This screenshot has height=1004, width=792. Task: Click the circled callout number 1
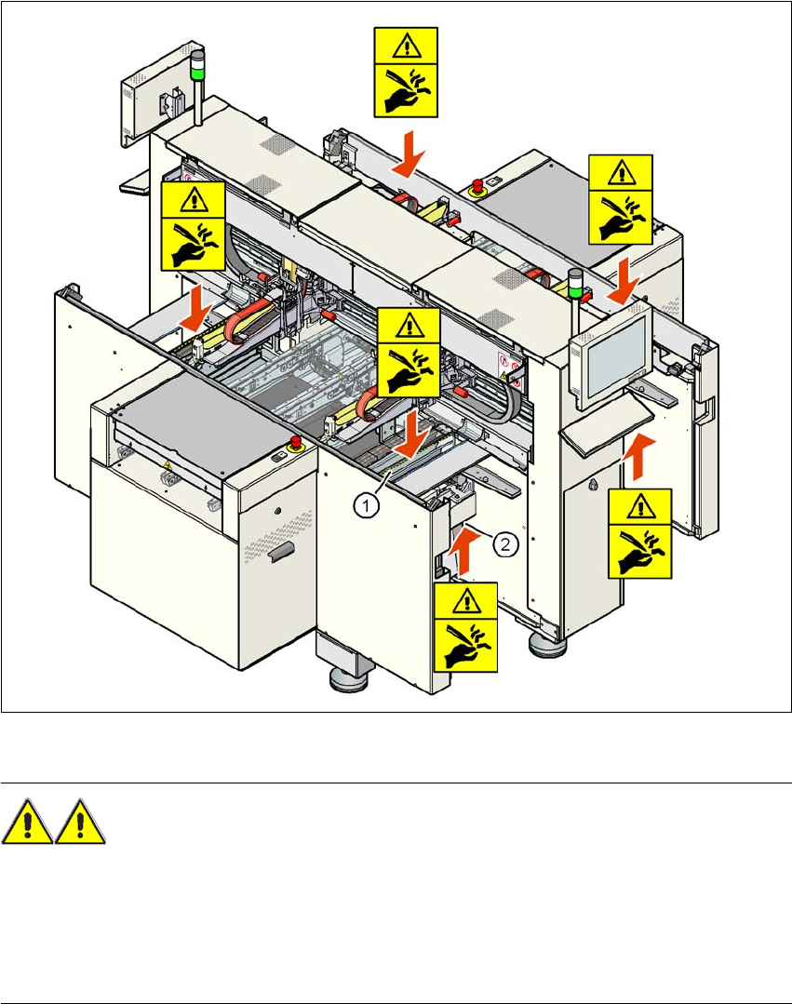coord(369,505)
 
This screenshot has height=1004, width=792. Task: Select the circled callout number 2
coord(503,546)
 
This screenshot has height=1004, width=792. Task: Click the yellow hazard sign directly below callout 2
coord(466,625)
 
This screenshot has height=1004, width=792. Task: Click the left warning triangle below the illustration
coord(28,822)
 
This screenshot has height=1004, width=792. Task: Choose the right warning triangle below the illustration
coord(80,822)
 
